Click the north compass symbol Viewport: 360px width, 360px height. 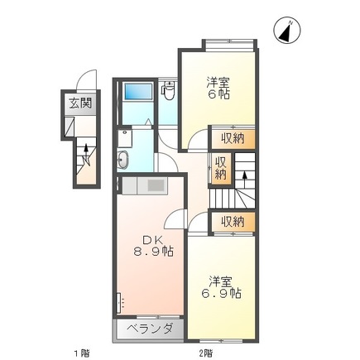click(x=287, y=31)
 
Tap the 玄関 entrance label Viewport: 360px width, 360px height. click(x=80, y=104)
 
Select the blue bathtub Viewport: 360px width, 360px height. click(x=139, y=91)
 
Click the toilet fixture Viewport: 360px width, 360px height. click(x=168, y=91)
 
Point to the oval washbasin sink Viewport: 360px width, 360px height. click(x=122, y=160)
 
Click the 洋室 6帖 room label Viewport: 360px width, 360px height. click(x=218, y=89)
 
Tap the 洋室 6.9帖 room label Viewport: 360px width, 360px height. click(x=221, y=287)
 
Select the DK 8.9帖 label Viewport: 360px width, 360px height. click(x=154, y=246)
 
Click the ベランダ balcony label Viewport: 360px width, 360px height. click(x=151, y=329)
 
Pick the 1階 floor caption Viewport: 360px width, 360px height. click(x=82, y=353)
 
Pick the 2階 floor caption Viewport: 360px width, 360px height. click(x=206, y=353)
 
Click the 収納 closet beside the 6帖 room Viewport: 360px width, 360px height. click(x=233, y=138)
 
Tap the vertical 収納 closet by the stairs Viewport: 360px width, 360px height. click(x=221, y=168)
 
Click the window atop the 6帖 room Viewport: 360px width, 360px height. click(x=229, y=45)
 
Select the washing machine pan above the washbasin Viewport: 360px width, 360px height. click(x=125, y=139)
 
